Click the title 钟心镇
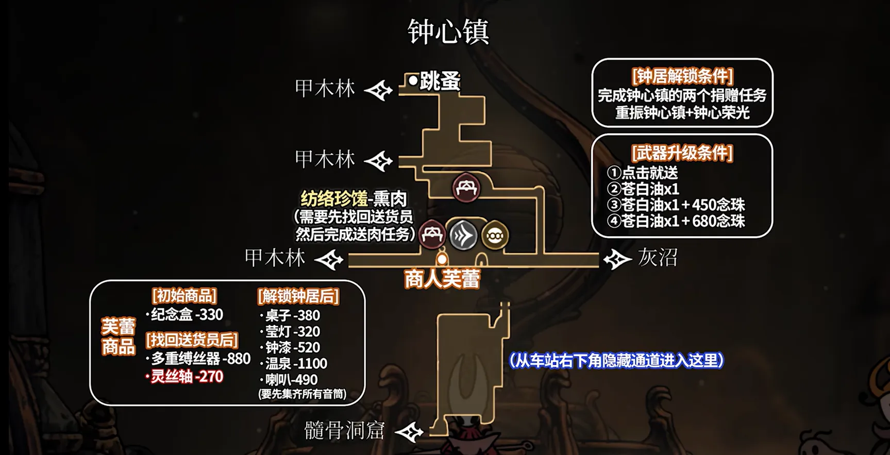click(448, 32)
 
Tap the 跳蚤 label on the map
click(440, 81)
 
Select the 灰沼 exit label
click(658, 257)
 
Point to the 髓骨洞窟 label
click(344, 430)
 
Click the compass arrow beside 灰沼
click(617, 259)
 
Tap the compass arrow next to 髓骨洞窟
click(409, 432)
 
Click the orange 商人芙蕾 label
click(442, 279)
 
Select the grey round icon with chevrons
click(463, 235)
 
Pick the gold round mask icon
click(495, 235)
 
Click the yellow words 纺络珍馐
click(334, 199)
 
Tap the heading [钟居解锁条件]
click(682, 77)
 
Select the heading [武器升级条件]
click(682, 153)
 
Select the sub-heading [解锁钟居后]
click(298, 296)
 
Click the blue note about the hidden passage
click(616, 360)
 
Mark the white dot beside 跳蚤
click(413, 81)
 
